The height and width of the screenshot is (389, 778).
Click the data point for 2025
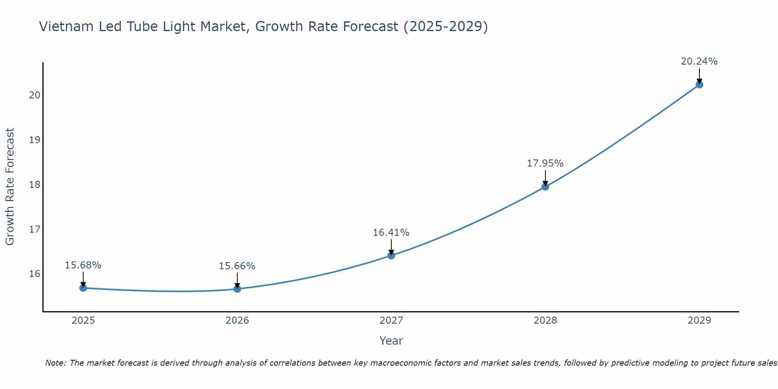(x=83, y=288)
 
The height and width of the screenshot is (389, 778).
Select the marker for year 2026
(x=237, y=289)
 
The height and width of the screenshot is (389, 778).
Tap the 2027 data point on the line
(x=391, y=255)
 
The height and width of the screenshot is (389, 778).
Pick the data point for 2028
(x=545, y=187)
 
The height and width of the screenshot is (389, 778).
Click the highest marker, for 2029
(x=699, y=84)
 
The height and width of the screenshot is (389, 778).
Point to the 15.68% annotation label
(x=83, y=265)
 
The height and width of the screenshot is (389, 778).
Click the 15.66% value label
(x=237, y=266)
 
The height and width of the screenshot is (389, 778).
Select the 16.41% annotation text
(x=391, y=233)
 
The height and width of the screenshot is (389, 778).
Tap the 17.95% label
(x=545, y=163)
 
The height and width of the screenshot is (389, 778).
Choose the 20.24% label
(x=699, y=61)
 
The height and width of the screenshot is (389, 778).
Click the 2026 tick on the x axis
(x=237, y=321)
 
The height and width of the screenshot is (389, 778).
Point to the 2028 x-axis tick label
(x=545, y=321)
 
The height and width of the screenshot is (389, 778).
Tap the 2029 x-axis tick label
(x=699, y=321)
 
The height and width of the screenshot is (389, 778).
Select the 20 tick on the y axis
(x=35, y=95)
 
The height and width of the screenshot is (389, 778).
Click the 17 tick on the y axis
(x=35, y=229)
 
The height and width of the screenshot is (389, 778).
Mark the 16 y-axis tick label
(x=35, y=274)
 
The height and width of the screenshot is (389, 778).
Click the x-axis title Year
(x=391, y=341)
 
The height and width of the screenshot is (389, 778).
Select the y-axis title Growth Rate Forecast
(x=10, y=187)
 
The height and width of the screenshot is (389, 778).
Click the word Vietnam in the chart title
(x=67, y=26)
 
